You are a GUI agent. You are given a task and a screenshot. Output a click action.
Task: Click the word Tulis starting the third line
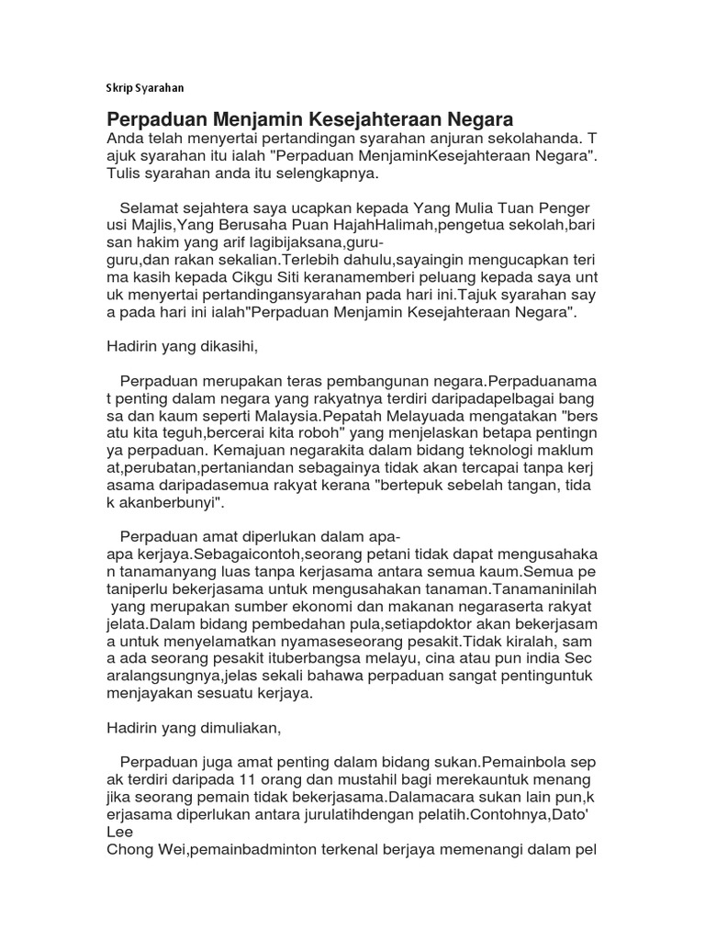(x=127, y=173)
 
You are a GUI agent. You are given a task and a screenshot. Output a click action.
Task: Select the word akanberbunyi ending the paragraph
(x=167, y=503)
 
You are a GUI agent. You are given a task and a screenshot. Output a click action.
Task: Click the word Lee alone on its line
(x=122, y=832)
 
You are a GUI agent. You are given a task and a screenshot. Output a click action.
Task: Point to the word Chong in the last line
(x=129, y=849)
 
